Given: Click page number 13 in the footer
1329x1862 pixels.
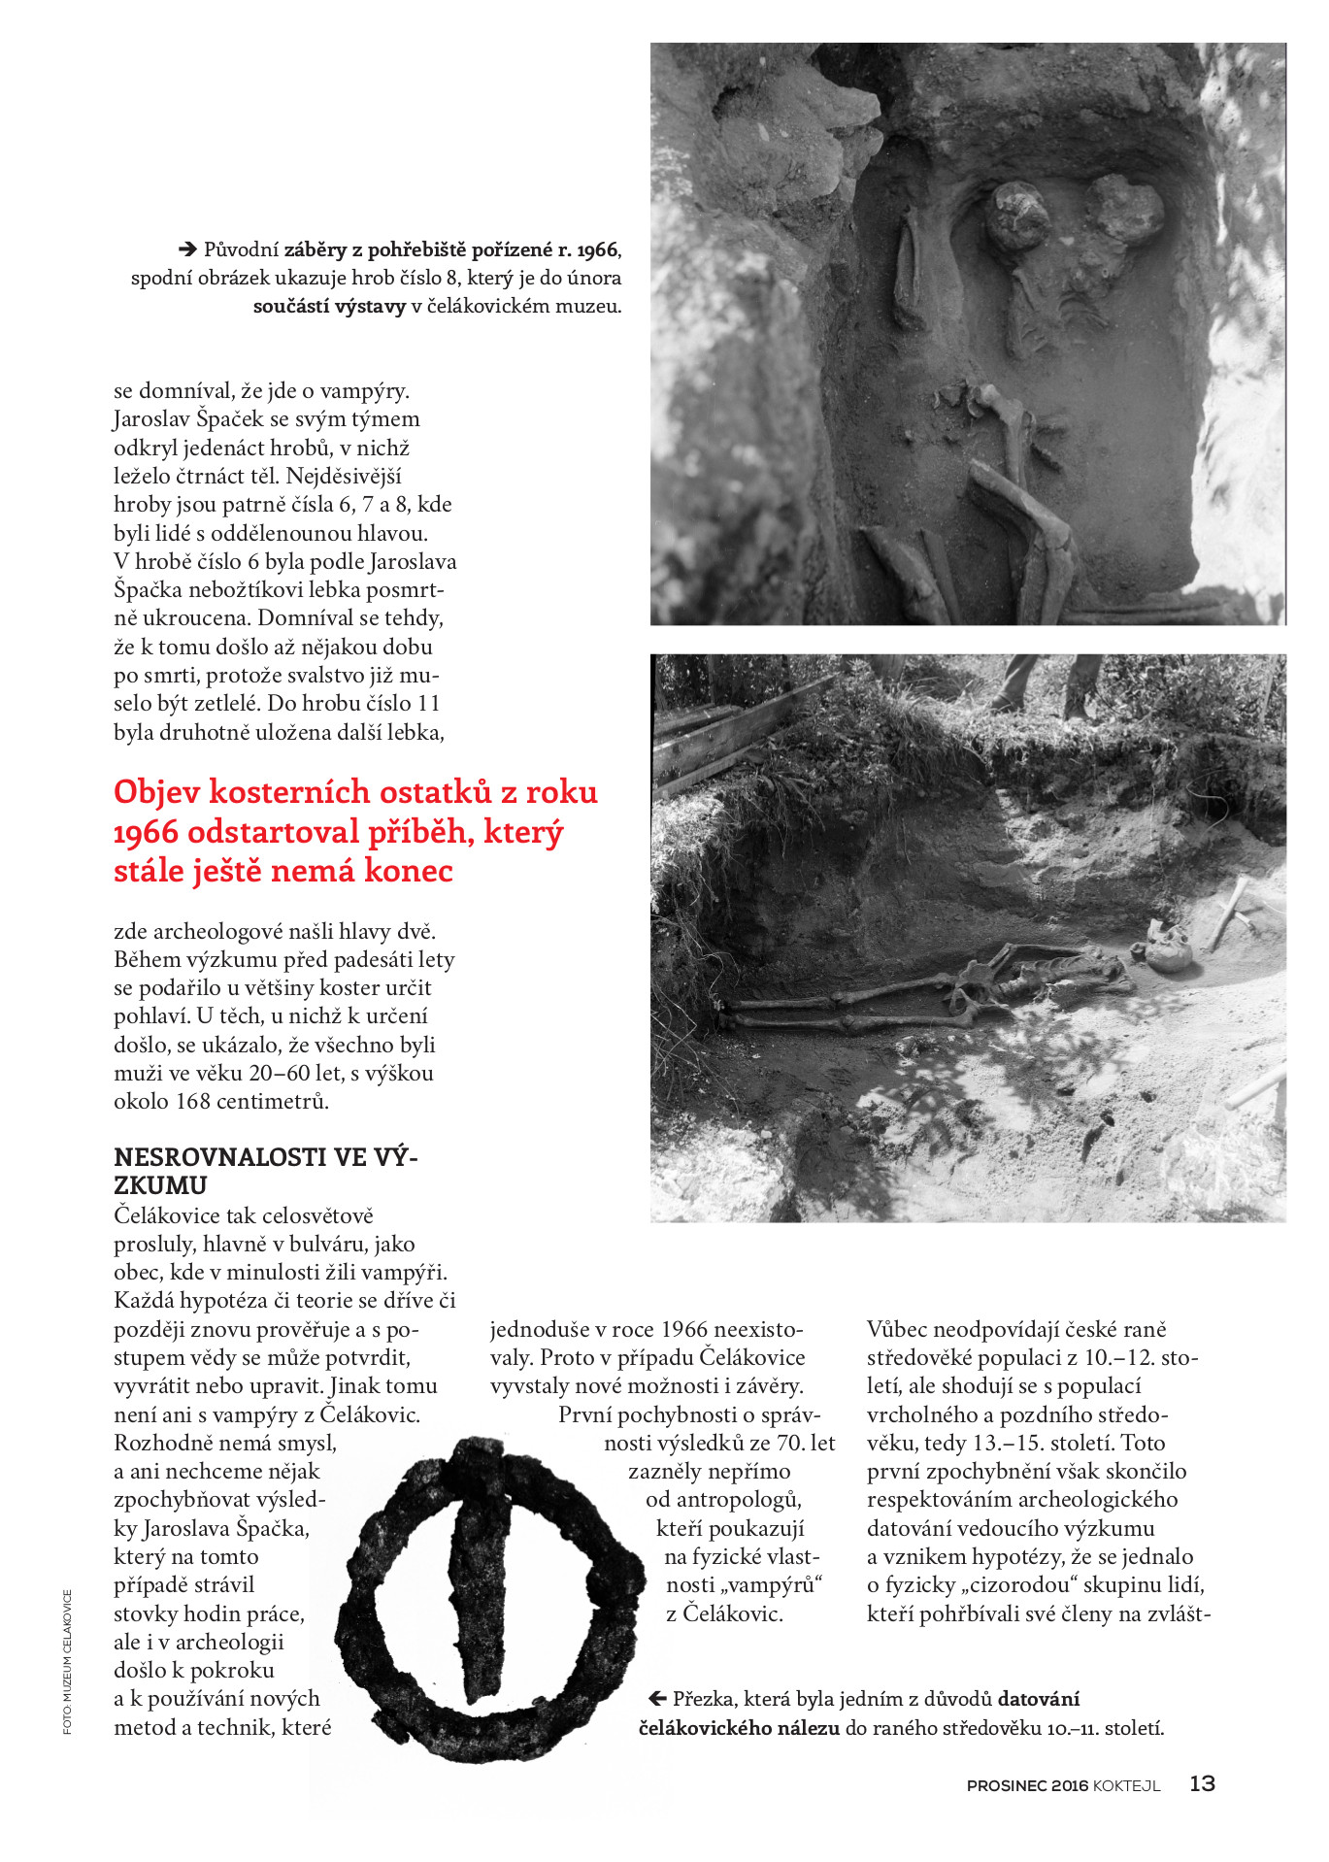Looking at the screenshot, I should pyautogui.click(x=1202, y=1783).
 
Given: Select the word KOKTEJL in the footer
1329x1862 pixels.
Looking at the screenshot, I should pyautogui.click(x=1126, y=1785).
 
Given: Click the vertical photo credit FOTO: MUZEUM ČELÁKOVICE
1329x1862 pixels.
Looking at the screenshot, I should pyautogui.click(x=67, y=1661).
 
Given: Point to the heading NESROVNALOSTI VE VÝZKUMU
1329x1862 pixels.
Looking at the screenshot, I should pyautogui.click(x=265, y=1171).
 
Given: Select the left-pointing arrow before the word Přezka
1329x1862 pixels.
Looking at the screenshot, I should pyautogui.click(x=656, y=1698).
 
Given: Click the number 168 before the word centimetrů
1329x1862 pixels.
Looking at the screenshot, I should pyautogui.click(x=192, y=1101).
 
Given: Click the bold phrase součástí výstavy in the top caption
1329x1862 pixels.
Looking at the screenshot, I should pyautogui.click(x=329, y=306).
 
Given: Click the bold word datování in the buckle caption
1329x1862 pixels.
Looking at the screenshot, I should pyautogui.click(x=1039, y=1699).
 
